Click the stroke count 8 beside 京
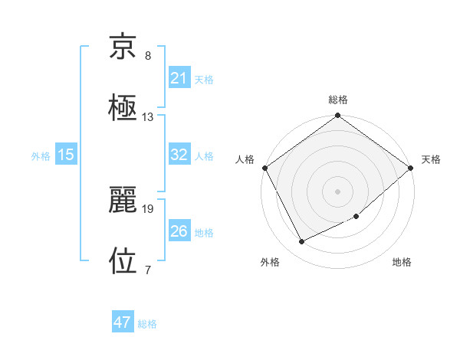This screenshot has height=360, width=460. pos(148,57)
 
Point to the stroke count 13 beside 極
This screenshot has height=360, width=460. pos(148,117)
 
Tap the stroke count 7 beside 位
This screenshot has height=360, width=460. pos(148,269)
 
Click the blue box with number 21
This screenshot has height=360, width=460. pos(179,77)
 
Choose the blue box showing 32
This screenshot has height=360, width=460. pos(179,155)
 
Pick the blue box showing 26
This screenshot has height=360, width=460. pos(179,231)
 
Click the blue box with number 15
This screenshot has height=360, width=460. pos(66,155)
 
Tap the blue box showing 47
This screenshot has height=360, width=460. pos(123,322)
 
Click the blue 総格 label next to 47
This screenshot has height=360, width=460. pos(147,324)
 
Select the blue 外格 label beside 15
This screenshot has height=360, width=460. pos(41,155)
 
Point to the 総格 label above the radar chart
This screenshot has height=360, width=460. pos(338,100)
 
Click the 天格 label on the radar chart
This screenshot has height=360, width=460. pos(431,159)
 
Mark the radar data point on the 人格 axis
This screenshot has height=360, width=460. pos(265,168)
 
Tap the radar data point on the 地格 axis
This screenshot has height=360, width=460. pos(356,217)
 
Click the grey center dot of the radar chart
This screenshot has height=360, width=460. pos(337,191)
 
